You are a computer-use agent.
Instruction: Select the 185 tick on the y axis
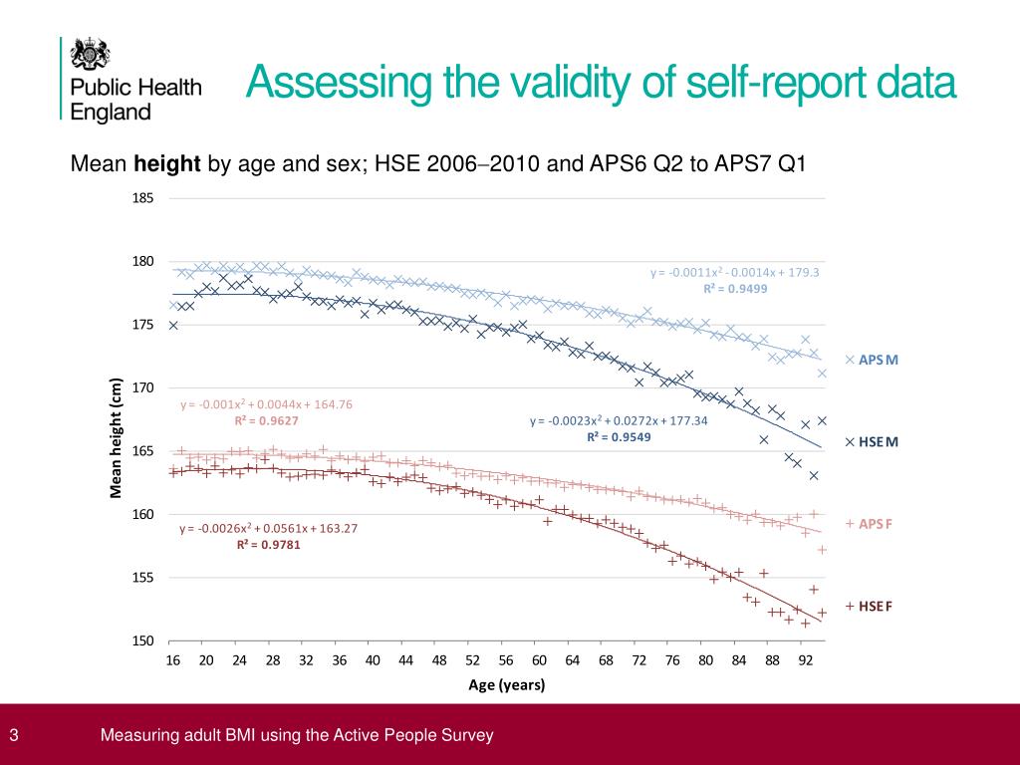(143, 198)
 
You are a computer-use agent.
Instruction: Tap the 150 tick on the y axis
(143, 640)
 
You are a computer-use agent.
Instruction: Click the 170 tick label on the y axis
(143, 387)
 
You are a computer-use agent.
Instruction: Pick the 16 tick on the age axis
(172, 659)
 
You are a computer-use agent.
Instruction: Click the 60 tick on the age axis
(539, 659)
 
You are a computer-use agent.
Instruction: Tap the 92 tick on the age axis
(805, 659)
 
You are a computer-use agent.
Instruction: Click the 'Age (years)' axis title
(507, 685)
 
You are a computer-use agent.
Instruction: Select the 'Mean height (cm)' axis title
(116, 438)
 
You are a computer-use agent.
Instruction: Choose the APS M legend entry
(872, 360)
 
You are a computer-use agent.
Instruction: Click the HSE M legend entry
(872, 441)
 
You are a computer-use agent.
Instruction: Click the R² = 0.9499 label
(734, 288)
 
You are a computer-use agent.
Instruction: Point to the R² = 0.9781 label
(268, 545)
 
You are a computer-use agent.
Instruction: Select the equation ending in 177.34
(619, 420)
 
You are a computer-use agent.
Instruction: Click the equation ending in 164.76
(266, 404)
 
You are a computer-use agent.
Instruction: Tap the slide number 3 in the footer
(14, 736)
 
